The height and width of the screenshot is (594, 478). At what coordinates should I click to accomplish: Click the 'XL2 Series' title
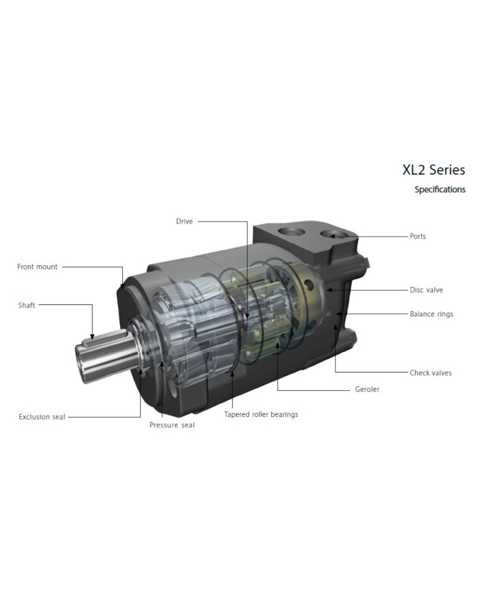tap(434, 170)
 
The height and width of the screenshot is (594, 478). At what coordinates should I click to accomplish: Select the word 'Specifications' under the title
tap(440, 189)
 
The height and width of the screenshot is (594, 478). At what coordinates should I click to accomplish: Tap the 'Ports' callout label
tap(418, 237)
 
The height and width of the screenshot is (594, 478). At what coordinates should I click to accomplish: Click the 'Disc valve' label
tap(426, 290)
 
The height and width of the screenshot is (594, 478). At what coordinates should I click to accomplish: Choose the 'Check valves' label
tap(430, 373)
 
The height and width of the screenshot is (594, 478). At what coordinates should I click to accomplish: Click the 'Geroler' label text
tap(367, 390)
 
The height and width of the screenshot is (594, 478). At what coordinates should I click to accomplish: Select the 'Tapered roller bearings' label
tap(261, 414)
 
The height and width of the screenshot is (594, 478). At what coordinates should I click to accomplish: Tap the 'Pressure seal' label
tap(172, 425)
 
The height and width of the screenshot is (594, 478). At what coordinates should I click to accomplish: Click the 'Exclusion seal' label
tap(42, 416)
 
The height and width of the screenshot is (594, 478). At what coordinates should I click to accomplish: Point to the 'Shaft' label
tap(27, 306)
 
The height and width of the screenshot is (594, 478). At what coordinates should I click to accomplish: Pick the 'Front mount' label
tap(38, 267)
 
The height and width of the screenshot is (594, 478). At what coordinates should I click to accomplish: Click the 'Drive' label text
tap(184, 221)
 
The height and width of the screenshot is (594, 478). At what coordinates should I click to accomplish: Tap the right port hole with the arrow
tap(336, 236)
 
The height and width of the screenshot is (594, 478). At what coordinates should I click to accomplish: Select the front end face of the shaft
tap(87, 360)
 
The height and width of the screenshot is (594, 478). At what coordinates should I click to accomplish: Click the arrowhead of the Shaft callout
tap(92, 334)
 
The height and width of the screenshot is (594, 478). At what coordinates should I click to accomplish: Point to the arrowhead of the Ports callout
tap(332, 237)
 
